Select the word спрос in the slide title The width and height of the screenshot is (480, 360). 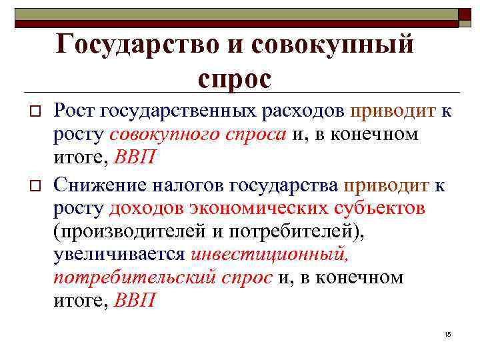pyautogui.click(x=234, y=79)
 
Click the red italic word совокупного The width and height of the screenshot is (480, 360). pyautogui.click(x=163, y=134)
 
